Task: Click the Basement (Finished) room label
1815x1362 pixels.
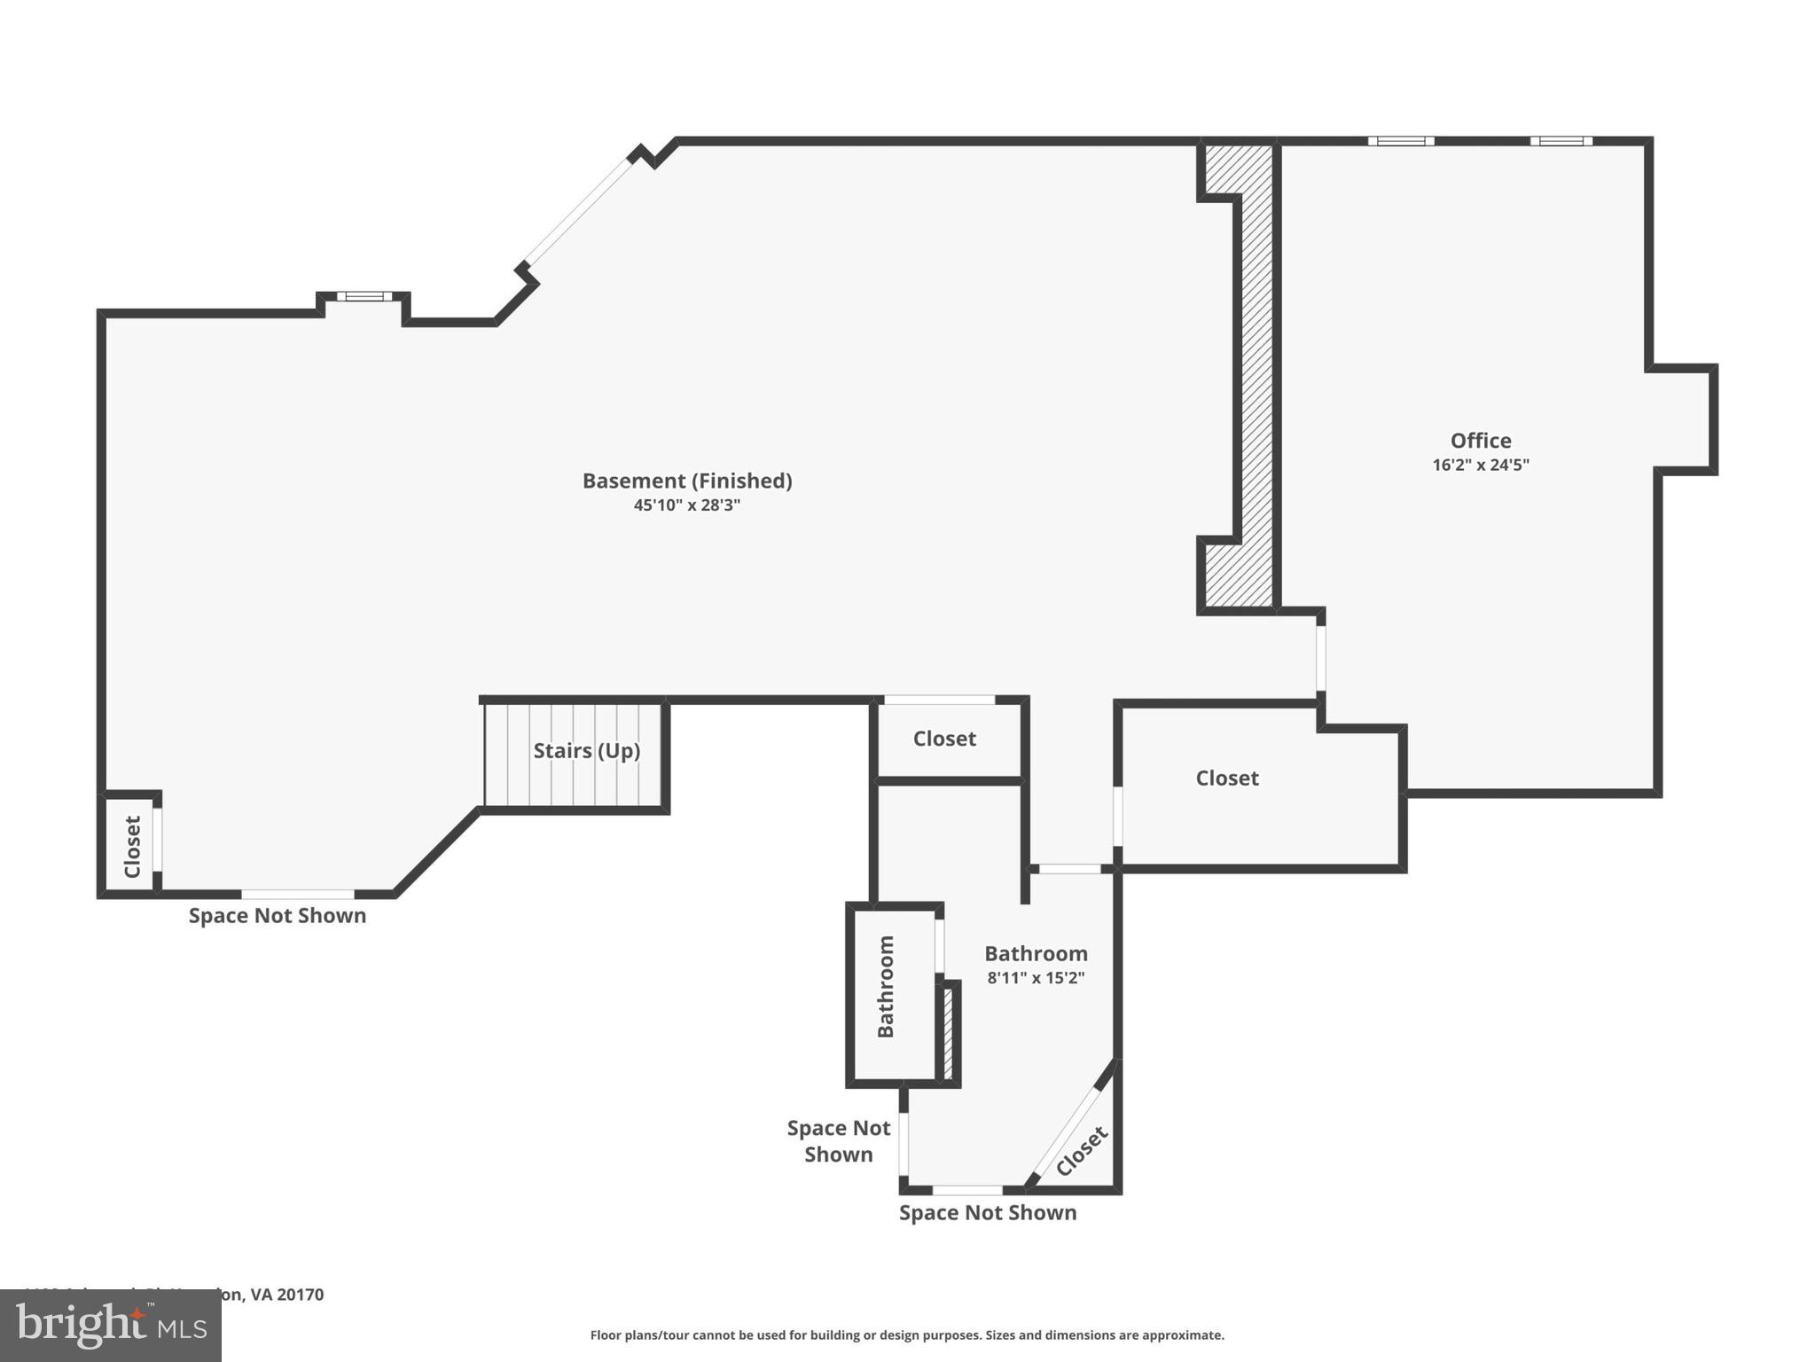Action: click(x=686, y=481)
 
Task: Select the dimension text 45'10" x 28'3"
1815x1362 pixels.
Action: click(x=686, y=505)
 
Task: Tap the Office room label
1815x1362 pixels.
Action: click(x=1480, y=441)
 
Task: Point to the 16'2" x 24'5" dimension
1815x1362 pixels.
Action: click(x=1480, y=465)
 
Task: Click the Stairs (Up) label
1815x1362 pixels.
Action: click(x=586, y=751)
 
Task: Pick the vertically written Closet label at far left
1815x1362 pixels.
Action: click(x=133, y=847)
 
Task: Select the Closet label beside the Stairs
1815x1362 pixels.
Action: click(x=944, y=739)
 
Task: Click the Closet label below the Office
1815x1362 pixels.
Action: click(x=1226, y=779)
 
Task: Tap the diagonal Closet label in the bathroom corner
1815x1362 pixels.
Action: click(x=1081, y=1151)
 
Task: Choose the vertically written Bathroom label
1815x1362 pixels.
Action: click(x=886, y=986)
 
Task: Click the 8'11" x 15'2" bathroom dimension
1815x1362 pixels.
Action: click(x=1036, y=978)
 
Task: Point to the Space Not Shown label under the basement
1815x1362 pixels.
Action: click(x=277, y=916)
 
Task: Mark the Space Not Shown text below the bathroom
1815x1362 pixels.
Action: click(x=987, y=1213)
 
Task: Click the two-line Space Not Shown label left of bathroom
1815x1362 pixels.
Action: click(x=838, y=1141)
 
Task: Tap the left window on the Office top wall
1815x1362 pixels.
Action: click(x=1400, y=141)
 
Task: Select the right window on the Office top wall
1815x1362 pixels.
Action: click(x=1561, y=141)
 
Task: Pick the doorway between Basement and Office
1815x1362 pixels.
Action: click(x=1320, y=658)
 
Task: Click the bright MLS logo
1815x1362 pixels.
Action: click(x=110, y=1326)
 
